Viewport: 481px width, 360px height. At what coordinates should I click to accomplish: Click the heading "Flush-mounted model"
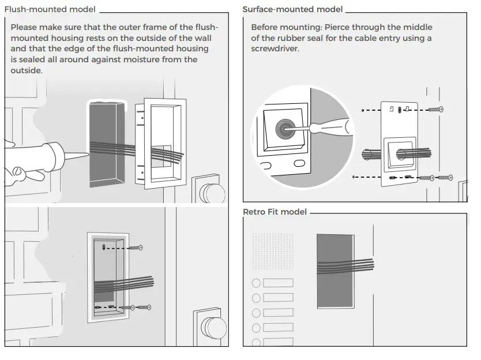point(50,10)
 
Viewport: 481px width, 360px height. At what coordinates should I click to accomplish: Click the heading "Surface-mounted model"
point(292,10)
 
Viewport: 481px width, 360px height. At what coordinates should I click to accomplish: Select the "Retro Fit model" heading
point(275,212)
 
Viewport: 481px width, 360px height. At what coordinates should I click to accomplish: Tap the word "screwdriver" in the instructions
point(275,49)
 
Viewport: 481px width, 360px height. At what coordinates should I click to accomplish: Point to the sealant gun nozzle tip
point(87,153)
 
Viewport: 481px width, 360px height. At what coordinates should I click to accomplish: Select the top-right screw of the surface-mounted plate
point(437,108)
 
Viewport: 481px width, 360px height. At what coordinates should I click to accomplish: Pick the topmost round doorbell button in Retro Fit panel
point(256,283)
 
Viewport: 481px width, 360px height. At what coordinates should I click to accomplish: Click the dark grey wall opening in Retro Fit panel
point(335,271)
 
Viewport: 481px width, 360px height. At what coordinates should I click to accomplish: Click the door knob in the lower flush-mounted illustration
point(214,328)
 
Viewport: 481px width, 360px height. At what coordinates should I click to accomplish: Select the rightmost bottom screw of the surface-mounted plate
point(445,178)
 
